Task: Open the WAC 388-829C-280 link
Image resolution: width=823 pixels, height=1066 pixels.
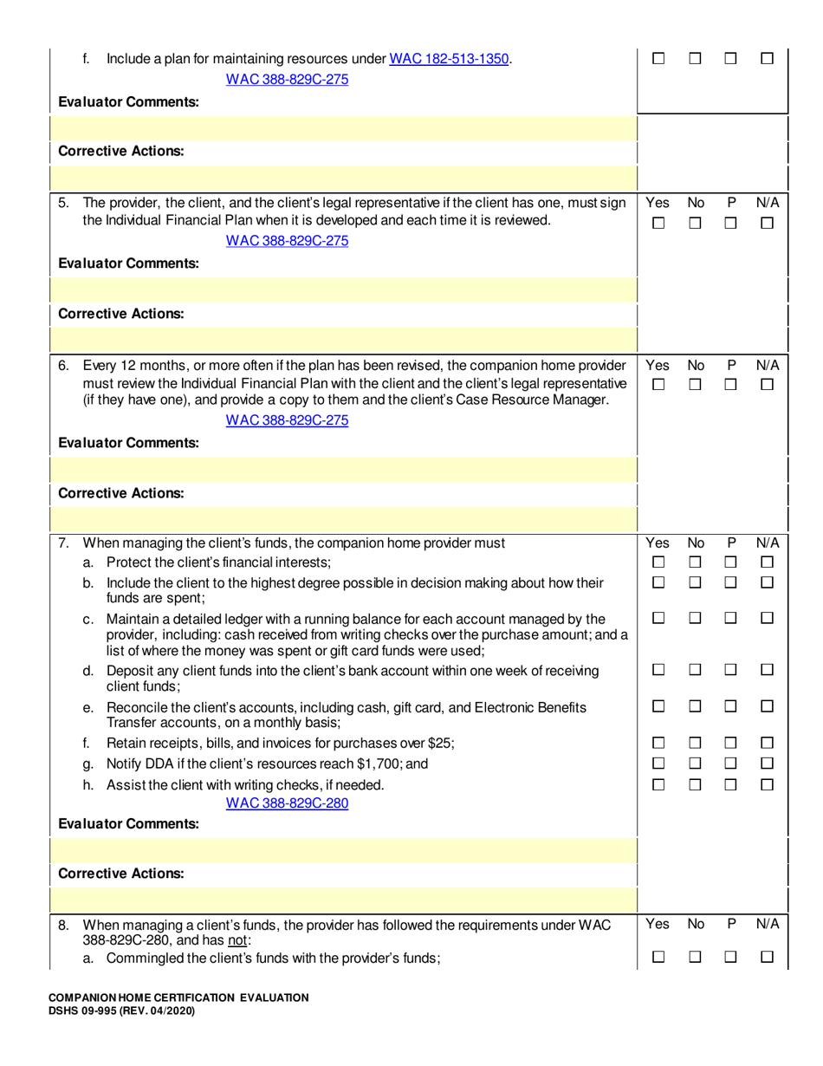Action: (287, 803)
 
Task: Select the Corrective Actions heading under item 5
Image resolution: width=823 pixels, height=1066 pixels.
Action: (120, 313)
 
